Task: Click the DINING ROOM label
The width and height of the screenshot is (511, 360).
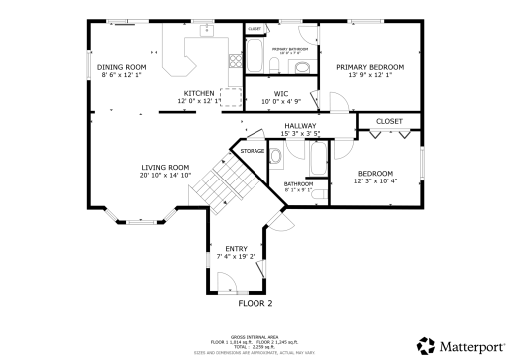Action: click(x=122, y=66)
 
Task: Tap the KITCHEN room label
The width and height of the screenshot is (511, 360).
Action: click(x=198, y=93)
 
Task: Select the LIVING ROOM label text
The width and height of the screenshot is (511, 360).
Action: click(x=164, y=167)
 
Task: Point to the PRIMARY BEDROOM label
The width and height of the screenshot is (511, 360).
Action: click(x=364, y=66)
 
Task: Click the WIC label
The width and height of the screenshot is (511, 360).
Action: click(x=281, y=93)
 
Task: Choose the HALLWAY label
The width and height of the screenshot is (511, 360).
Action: click(x=300, y=125)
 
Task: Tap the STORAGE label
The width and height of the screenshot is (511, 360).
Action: click(x=253, y=151)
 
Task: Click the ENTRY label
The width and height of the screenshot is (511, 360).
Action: click(x=236, y=248)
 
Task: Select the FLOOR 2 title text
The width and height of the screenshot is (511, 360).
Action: click(x=255, y=302)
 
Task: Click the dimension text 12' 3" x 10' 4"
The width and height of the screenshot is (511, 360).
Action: click(x=376, y=180)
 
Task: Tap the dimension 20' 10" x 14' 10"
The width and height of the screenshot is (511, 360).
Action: click(x=164, y=176)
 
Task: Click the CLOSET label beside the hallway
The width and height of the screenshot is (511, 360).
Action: click(x=389, y=121)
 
